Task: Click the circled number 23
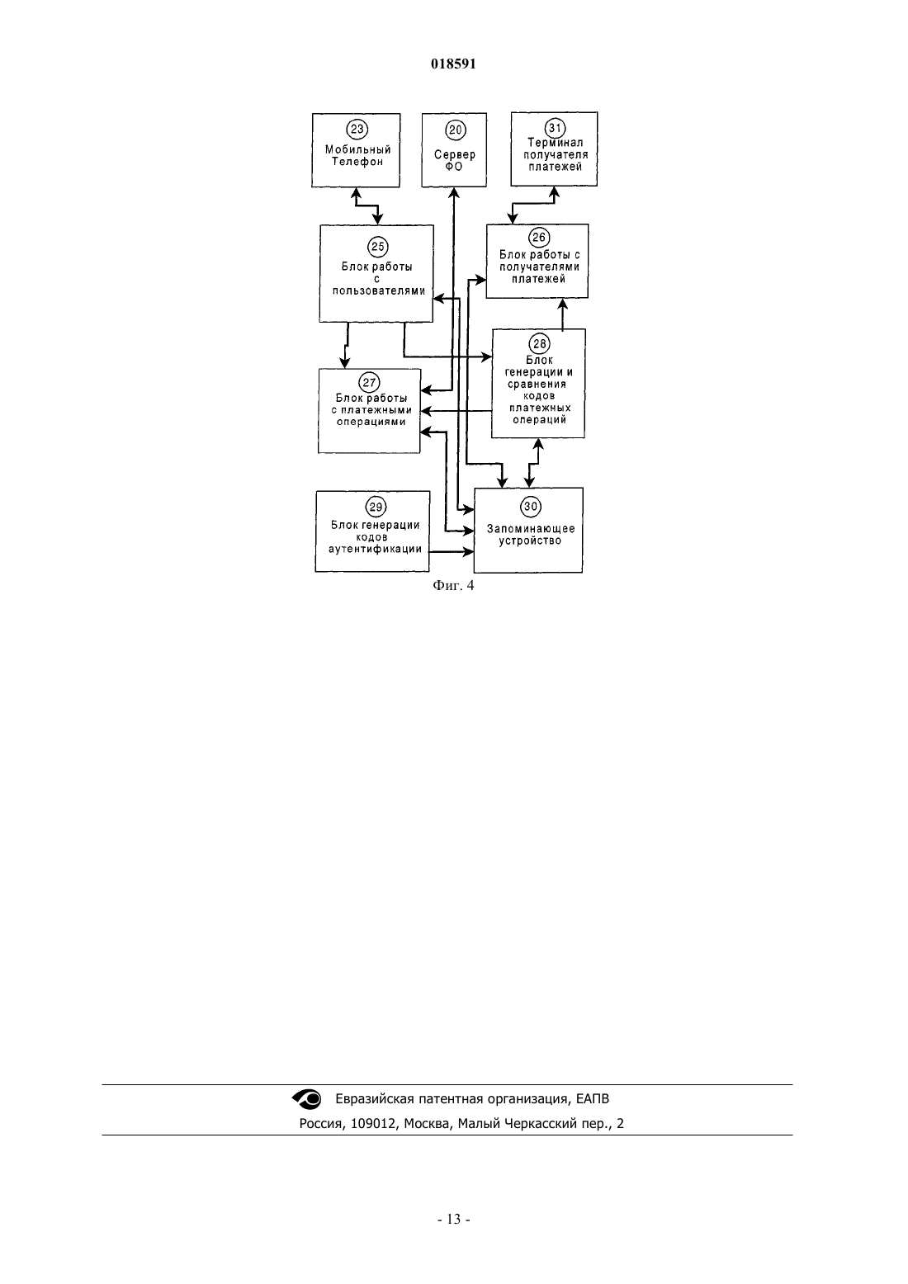[357, 129]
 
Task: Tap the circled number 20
[455, 130]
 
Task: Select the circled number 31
[555, 127]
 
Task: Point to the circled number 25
[378, 247]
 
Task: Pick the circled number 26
[539, 238]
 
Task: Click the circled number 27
[369, 382]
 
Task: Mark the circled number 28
[539, 344]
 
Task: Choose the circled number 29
[376, 507]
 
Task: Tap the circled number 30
[531, 506]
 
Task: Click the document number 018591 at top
[453, 64]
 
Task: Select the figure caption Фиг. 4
[453, 585]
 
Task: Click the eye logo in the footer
[307, 1099]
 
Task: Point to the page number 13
[453, 1219]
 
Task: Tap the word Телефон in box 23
[357, 163]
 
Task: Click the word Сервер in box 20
[455, 155]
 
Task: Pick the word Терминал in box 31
[555, 143]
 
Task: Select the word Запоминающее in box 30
[531, 529]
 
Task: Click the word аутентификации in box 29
[375, 549]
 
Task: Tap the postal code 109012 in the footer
[373, 1124]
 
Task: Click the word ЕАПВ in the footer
[593, 1099]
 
